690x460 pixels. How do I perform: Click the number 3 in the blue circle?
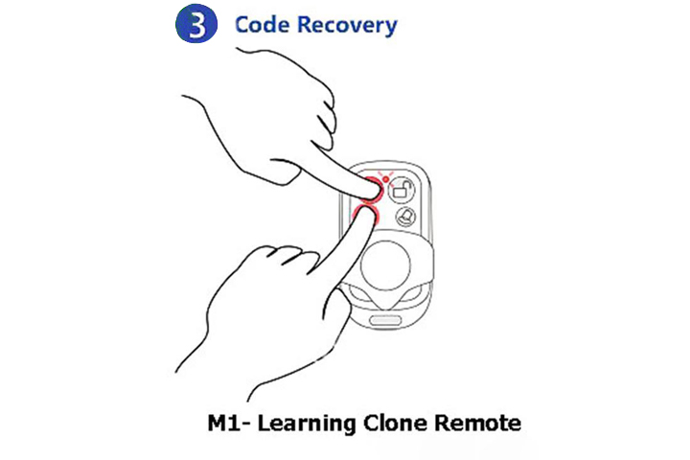[196, 25]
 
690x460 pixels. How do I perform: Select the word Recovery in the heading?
[347, 26]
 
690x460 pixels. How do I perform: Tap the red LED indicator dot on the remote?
[386, 178]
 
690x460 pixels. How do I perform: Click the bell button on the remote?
[405, 217]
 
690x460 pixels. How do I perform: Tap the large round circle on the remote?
[385, 265]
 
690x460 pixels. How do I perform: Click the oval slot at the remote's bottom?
[385, 320]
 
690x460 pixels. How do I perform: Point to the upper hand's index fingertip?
[375, 192]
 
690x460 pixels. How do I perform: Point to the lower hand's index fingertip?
[370, 214]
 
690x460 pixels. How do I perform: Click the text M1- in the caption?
[229, 423]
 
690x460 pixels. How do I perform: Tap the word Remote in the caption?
[477, 424]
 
